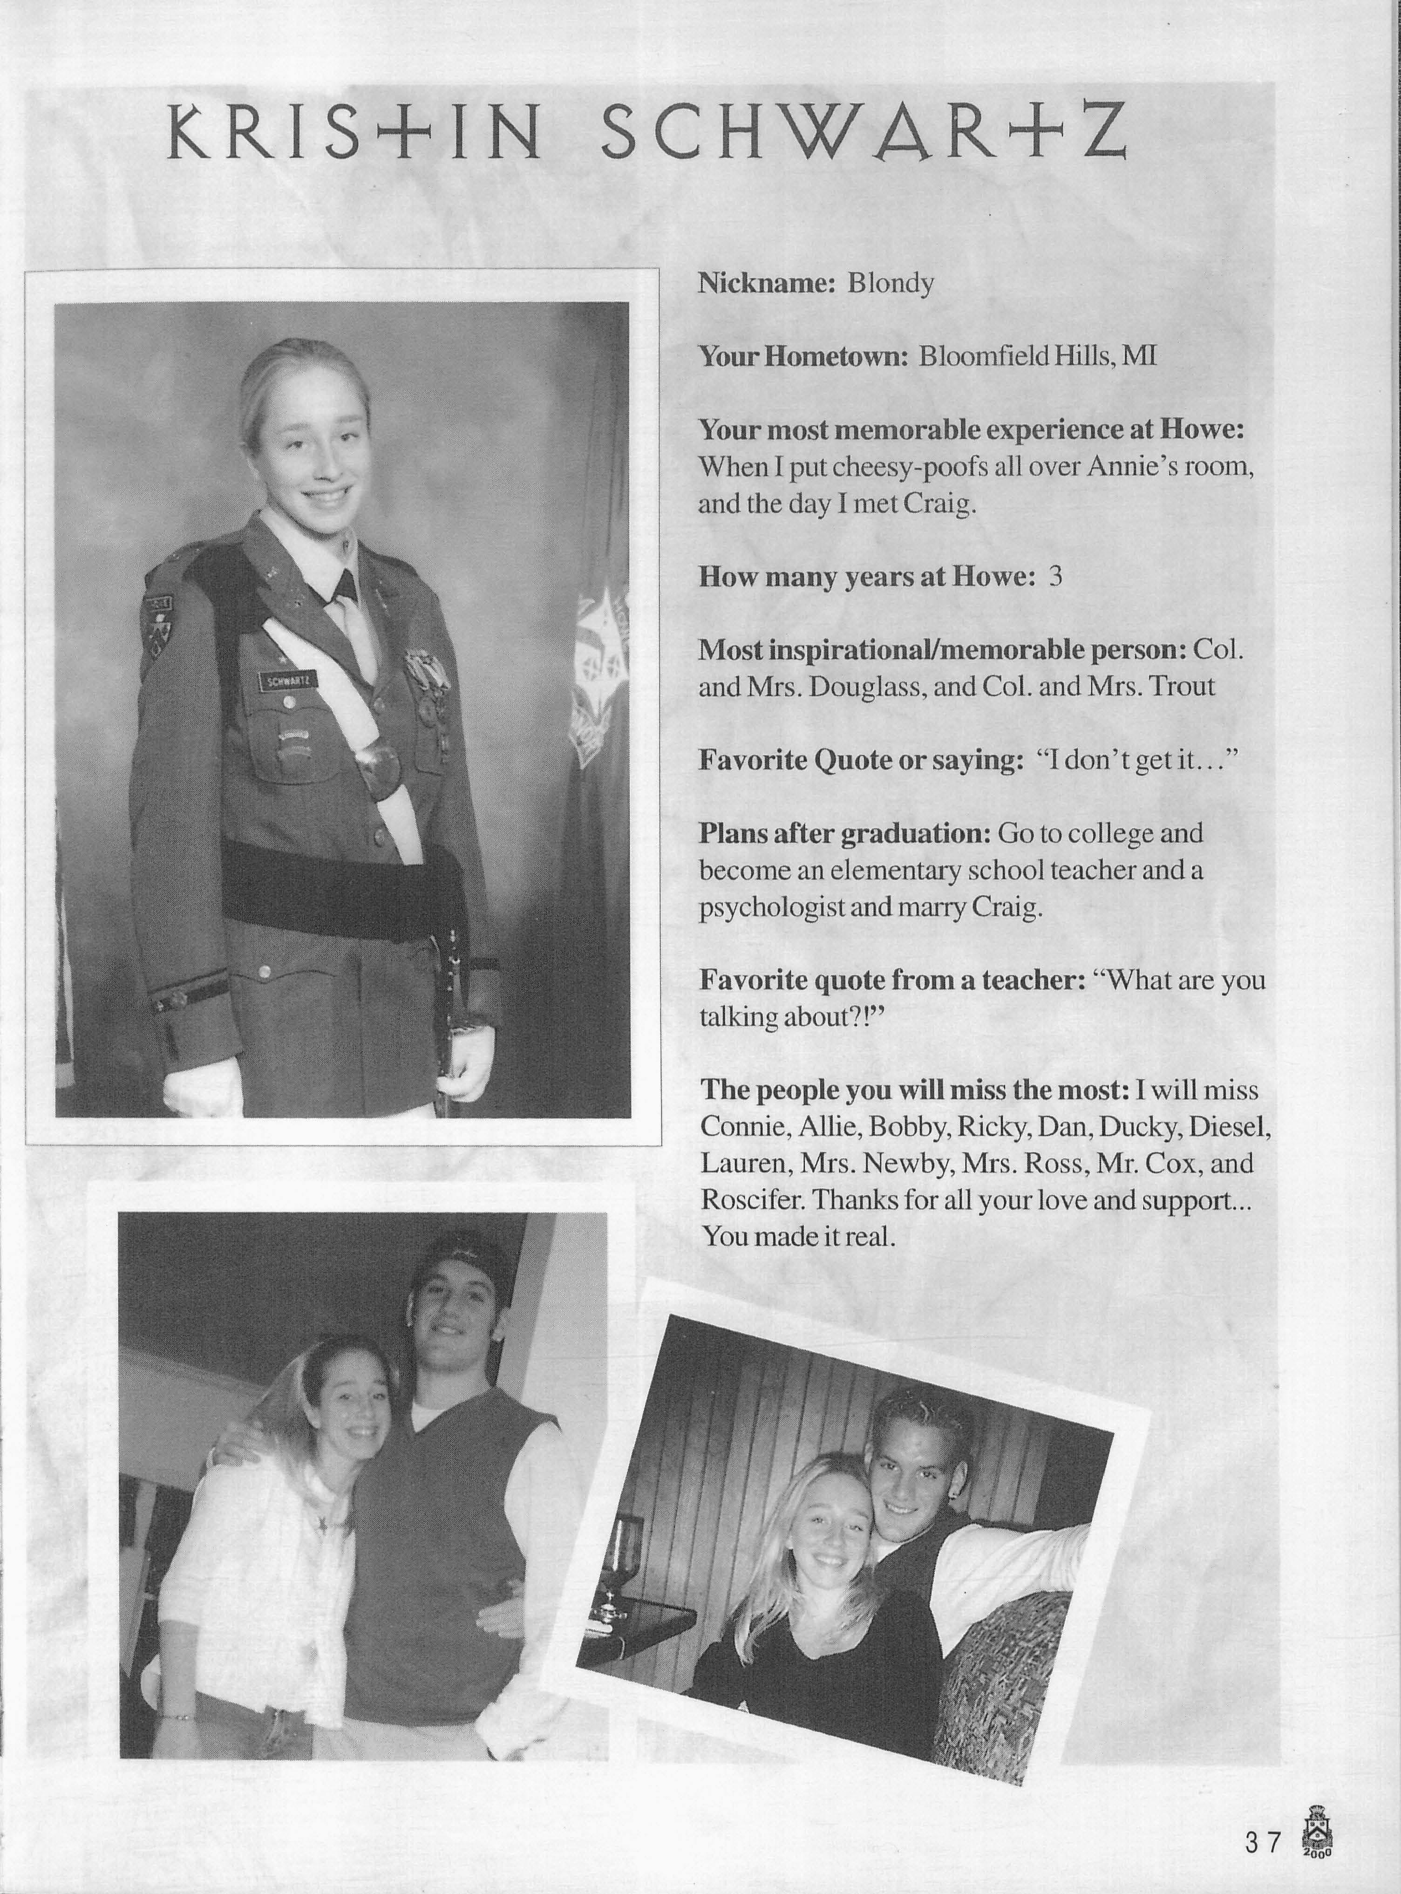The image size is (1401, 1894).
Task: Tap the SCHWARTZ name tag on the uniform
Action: [287, 680]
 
